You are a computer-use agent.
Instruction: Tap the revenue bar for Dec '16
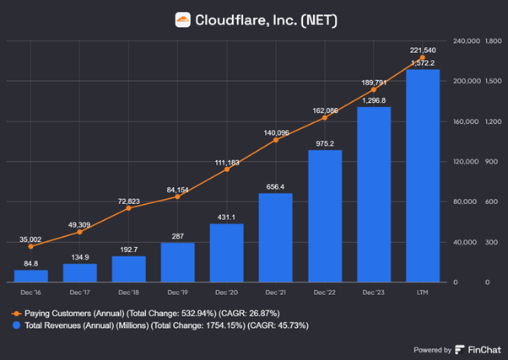31,276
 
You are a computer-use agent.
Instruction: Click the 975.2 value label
325,143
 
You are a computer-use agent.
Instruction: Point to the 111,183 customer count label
227,161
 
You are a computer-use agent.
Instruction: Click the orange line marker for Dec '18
129,208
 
